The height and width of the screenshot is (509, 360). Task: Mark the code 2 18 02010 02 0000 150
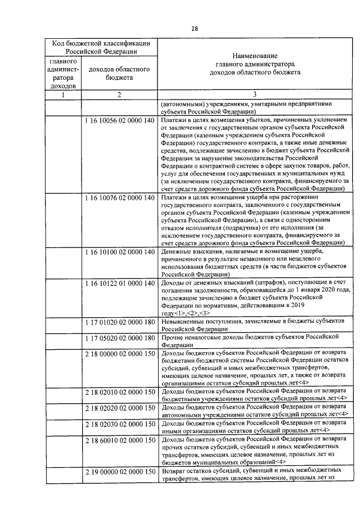coord(119,390)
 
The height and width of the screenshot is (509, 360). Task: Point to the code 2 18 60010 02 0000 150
coord(119,439)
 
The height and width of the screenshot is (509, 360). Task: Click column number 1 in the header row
coord(63,94)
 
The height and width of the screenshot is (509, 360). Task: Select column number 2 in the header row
coord(119,94)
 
